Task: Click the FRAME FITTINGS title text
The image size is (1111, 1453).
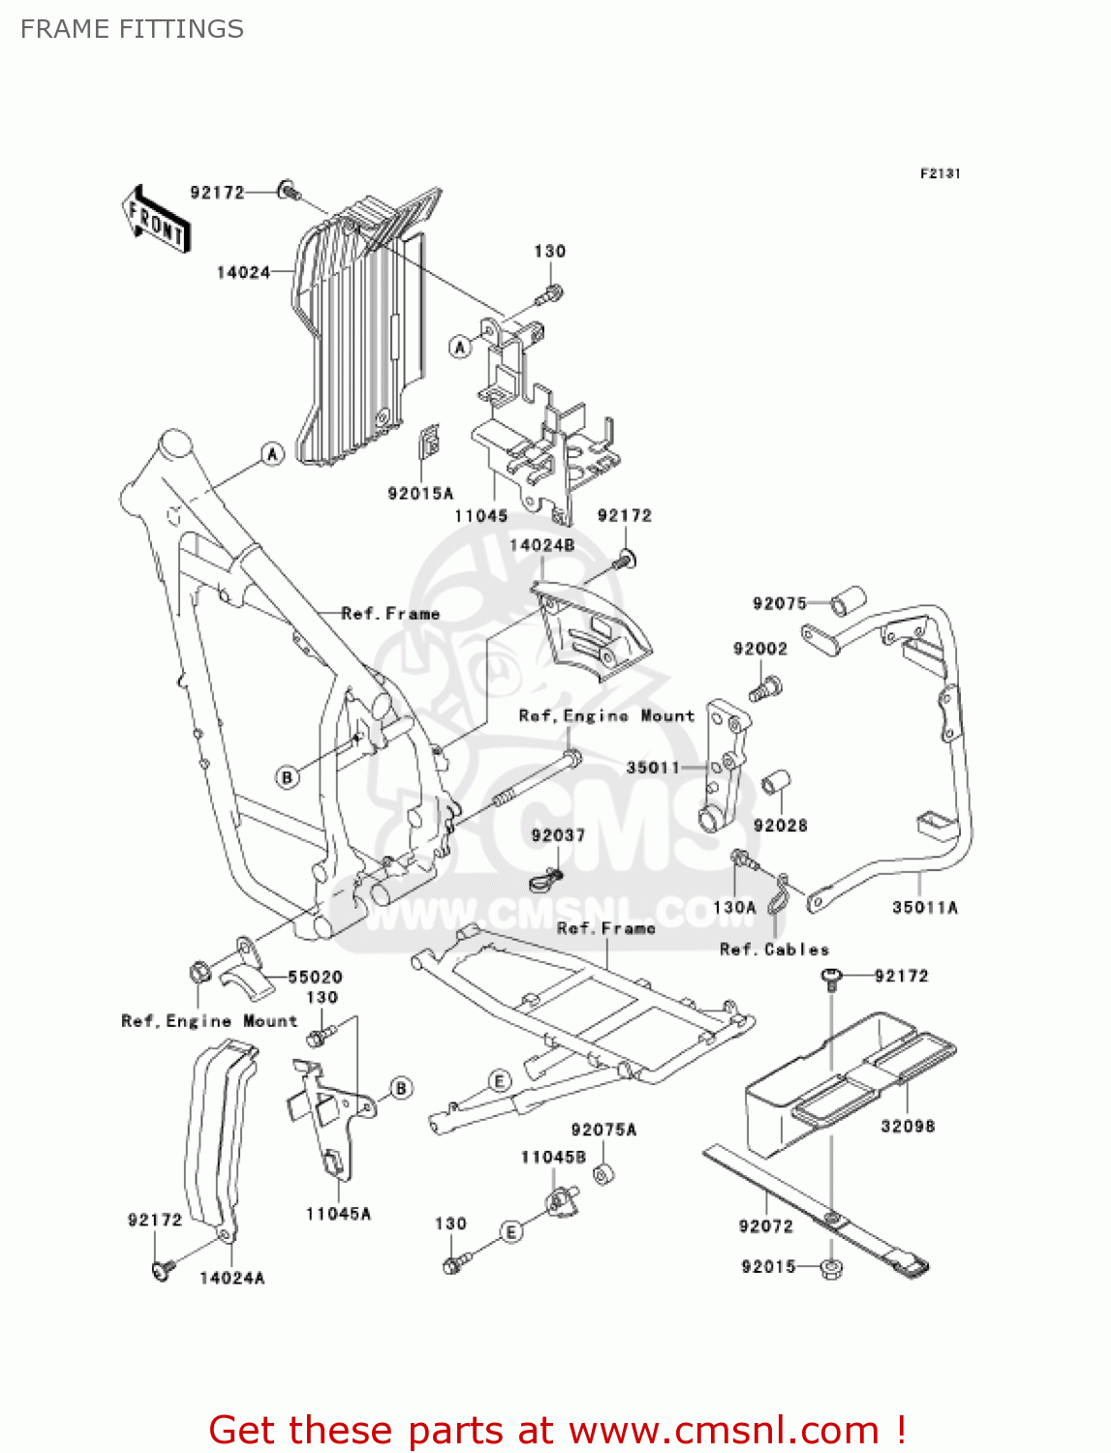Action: (132, 29)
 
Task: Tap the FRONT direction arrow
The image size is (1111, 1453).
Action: (156, 220)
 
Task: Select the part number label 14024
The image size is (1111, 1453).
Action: (243, 272)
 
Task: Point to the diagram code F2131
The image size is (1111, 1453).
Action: (940, 173)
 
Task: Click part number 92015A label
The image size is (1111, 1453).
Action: (420, 493)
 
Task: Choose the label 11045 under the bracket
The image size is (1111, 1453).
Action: (481, 515)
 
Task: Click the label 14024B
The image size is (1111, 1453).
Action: (541, 544)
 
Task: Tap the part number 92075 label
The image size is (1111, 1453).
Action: (779, 603)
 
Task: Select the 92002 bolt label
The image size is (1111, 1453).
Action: (760, 648)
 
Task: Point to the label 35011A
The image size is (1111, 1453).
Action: (924, 908)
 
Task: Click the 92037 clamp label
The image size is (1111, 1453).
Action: (558, 835)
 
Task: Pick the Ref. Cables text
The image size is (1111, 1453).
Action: (774, 949)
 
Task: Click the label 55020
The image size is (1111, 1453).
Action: (315, 976)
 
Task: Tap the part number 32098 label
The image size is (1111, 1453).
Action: (908, 1126)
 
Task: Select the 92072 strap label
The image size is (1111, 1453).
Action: (765, 1226)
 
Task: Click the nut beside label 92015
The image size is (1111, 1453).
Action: (830, 1268)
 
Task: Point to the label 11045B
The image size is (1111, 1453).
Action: (553, 1157)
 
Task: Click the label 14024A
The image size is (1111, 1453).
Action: (231, 1278)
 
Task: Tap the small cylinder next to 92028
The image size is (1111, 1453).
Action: (776, 782)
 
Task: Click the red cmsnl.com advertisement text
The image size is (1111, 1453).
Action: (557, 1430)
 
